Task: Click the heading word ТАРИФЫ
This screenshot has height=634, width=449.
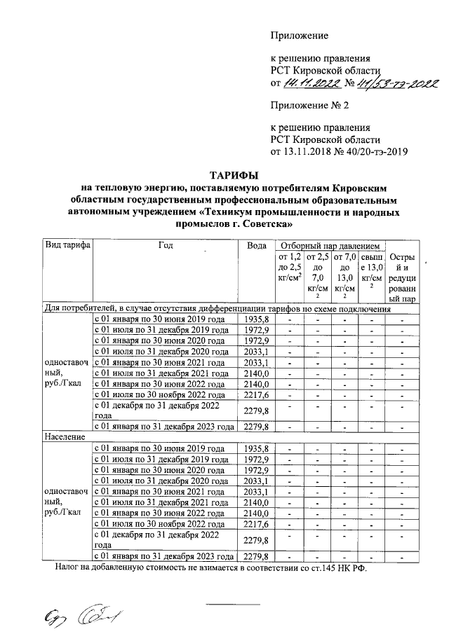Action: (234, 175)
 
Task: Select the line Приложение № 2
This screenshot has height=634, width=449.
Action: (309, 106)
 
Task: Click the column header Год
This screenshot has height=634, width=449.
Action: (166, 246)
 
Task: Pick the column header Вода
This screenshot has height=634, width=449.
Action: (256, 246)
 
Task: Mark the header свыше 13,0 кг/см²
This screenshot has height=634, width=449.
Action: (371, 270)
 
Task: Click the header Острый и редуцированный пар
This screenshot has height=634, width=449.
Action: (403, 277)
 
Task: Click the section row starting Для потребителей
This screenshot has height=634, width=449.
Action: (217, 308)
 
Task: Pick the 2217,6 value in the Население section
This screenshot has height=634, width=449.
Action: (256, 523)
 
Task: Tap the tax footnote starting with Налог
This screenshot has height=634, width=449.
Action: (210, 568)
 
